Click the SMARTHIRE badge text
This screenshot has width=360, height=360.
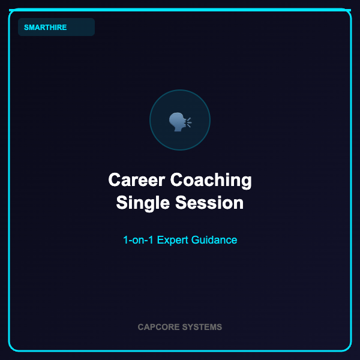[45, 28]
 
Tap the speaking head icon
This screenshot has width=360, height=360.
[180, 122]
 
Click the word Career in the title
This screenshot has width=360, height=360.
[137, 180]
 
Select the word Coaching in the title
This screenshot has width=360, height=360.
[211, 181]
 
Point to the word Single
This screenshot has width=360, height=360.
[143, 203]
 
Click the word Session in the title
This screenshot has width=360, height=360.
[209, 203]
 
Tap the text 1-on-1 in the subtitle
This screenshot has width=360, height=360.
[138, 240]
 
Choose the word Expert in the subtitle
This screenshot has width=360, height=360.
[172, 241]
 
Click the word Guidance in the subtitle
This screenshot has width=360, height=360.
[214, 240]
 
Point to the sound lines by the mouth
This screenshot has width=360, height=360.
[189, 122]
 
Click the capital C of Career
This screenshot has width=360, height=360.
[114, 180]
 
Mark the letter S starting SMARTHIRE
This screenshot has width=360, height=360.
[26, 28]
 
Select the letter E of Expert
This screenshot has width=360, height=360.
[160, 240]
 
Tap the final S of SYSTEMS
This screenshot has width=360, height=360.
[219, 327]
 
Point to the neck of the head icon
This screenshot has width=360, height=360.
[178, 129]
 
